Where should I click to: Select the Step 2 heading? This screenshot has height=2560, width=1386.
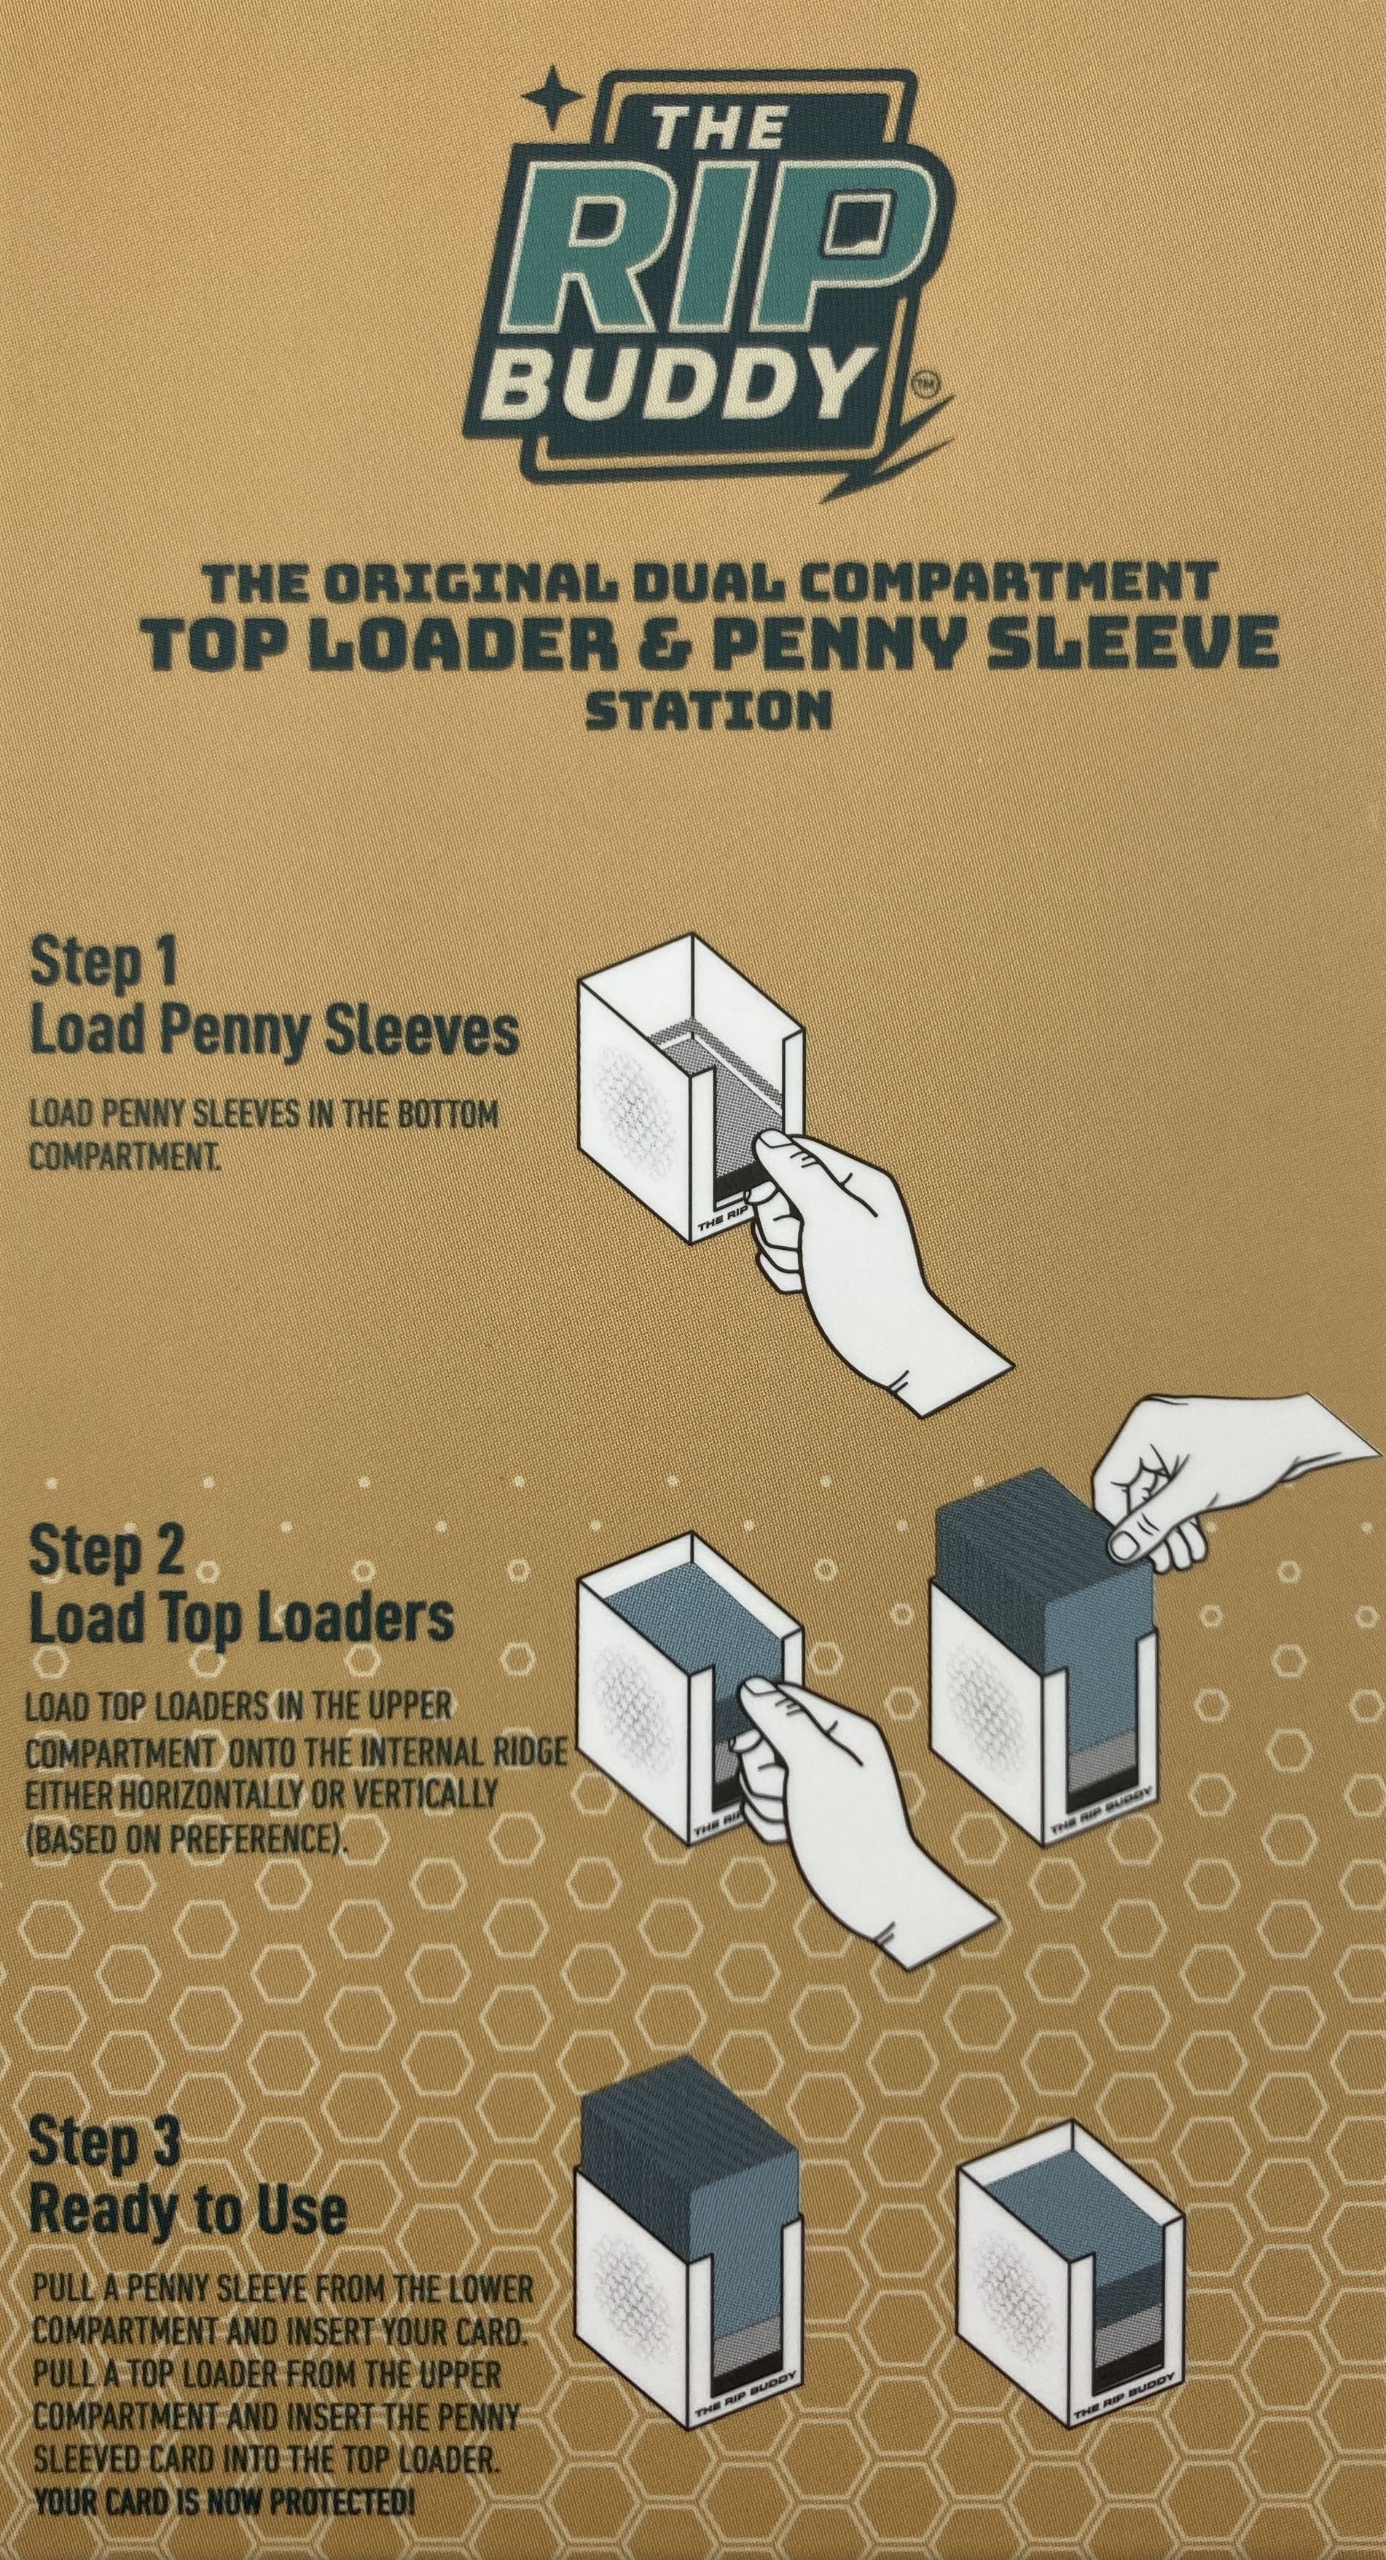pyautogui.click(x=107, y=1551)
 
